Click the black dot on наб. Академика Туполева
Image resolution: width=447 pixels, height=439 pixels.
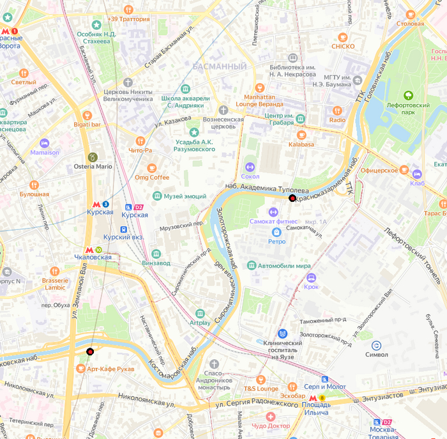click(292, 199)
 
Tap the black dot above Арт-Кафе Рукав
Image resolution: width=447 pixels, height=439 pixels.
click(90, 351)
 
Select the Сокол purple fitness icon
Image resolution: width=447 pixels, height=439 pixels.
click(250, 167)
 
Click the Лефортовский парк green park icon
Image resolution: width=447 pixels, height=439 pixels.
click(408, 95)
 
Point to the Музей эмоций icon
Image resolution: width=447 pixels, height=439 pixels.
click(156, 196)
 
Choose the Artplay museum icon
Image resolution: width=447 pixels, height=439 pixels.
click(201, 314)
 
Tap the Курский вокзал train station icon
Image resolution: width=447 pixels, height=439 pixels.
click(124, 229)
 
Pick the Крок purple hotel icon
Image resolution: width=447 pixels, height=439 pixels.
click(311, 277)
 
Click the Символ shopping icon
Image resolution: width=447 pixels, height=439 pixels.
click(376, 345)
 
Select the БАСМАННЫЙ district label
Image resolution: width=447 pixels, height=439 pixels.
click(219, 66)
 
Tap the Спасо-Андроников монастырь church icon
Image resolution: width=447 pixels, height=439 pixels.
click(213, 364)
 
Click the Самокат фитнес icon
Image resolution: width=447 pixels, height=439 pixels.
click(273, 212)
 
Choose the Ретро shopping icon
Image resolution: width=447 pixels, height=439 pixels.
click(277, 232)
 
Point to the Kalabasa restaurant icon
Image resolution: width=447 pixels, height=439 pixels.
click(301, 135)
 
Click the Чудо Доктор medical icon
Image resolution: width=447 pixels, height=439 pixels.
click(271, 417)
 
